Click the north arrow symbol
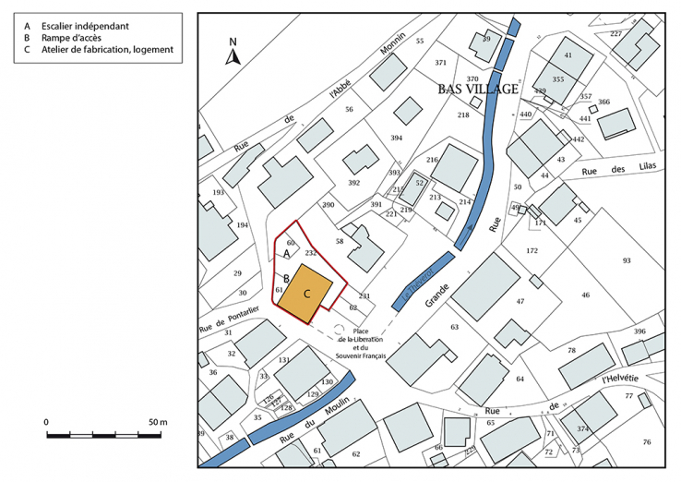click(x=233, y=54)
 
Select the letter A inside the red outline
click(x=286, y=253)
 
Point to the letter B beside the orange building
click(x=286, y=277)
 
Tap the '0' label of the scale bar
click(x=46, y=422)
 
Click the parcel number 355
click(x=557, y=80)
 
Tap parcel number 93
click(x=627, y=261)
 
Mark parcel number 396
click(x=639, y=331)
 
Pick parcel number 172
click(x=532, y=251)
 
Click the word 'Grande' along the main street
click(x=437, y=295)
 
